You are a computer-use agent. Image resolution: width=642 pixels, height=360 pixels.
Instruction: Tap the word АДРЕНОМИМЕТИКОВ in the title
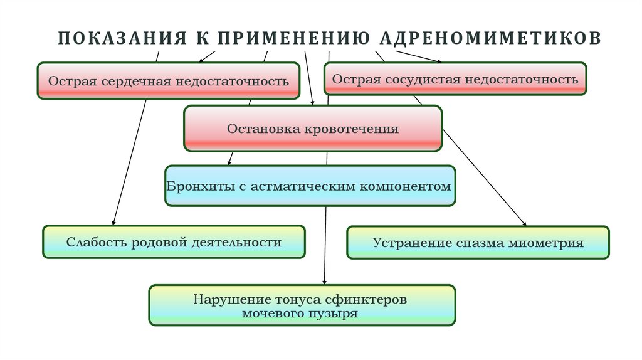[x=490, y=38]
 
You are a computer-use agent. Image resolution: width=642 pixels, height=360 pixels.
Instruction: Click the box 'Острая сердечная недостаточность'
[x=168, y=81]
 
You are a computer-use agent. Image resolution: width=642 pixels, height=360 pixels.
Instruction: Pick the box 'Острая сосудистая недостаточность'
[x=455, y=79]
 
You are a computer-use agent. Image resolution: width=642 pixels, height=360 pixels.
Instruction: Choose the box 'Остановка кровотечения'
[x=313, y=129]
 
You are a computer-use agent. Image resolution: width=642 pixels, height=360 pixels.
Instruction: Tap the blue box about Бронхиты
[x=310, y=187]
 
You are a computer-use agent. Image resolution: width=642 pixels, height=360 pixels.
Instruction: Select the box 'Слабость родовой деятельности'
[x=174, y=242]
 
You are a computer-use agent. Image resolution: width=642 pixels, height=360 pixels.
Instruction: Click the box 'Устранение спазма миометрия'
[x=478, y=243]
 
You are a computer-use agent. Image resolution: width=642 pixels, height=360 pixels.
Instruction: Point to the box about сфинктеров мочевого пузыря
[x=302, y=306]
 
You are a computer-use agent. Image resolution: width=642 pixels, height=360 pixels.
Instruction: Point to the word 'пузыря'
[x=337, y=313]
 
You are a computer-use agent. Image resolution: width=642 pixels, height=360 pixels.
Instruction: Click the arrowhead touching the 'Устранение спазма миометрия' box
[x=524, y=223]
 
